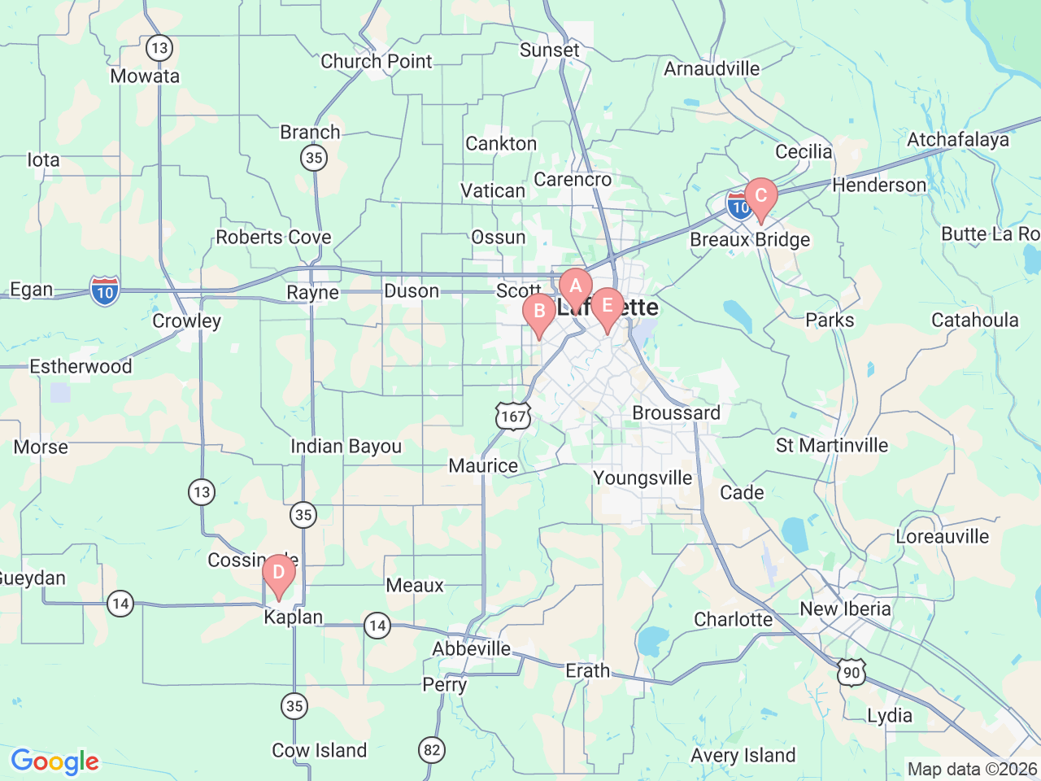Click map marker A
(575, 286)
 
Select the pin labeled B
(538, 312)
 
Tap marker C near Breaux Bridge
(760, 196)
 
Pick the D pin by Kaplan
(278, 573)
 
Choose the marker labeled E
(607, 307)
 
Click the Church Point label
(376, 61)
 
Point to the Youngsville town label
(642, 478)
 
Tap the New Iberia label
(845, 609)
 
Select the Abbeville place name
(471, 648)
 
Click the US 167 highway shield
(513, 417)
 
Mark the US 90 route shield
(851, 673)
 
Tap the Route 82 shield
(432, 749)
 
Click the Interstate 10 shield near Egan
(105, 291)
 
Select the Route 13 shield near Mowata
(159, 47)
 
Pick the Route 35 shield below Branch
(314, 157)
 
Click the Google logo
(54, 761)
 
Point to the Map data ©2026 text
(972, 769)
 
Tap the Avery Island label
(743, 755)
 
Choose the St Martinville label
(831, 445)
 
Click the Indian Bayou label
(346, 446)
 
